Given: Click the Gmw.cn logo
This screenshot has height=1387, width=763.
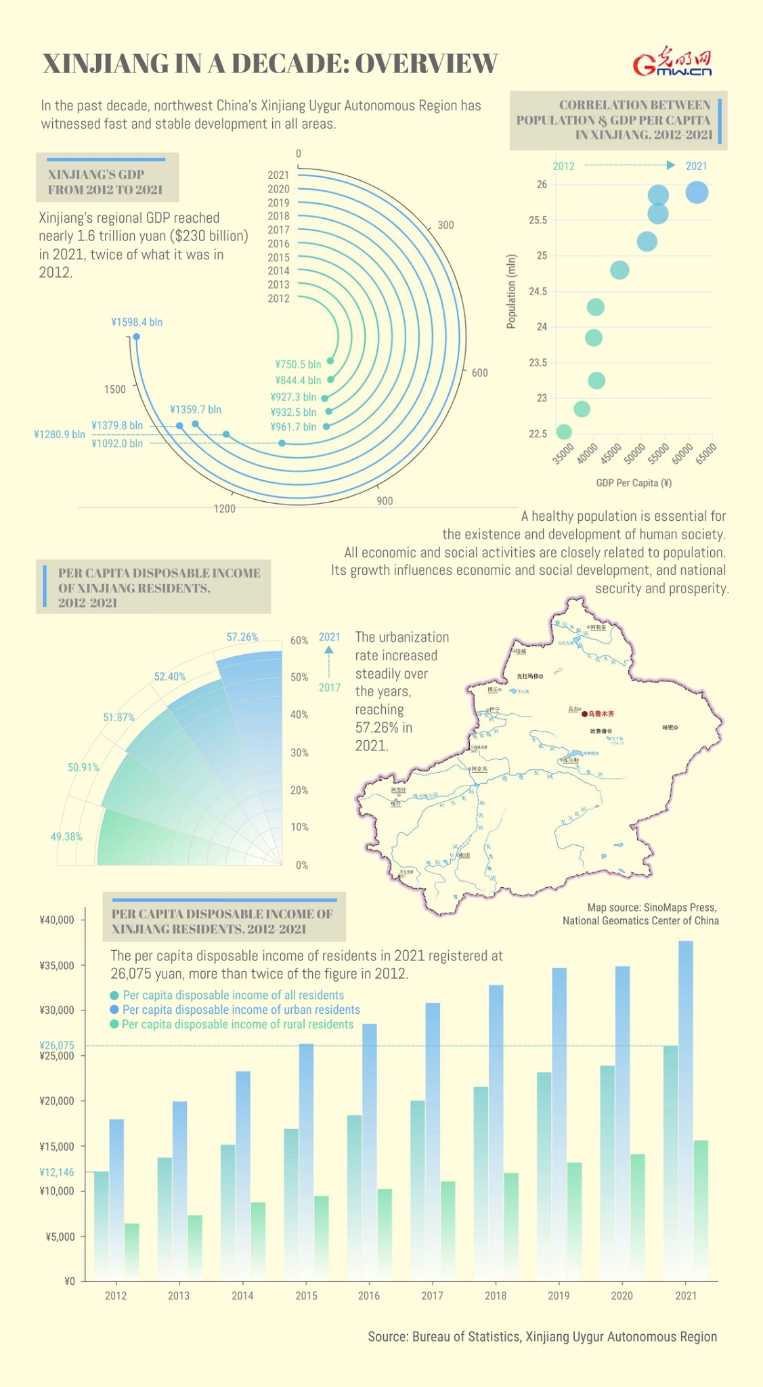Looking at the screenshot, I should (672, 63).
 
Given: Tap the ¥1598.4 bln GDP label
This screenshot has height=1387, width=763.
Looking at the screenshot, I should (137, 322).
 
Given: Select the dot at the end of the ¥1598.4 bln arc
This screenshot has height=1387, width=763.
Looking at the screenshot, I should (137, 337).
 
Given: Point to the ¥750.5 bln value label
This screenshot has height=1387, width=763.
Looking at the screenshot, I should (298, 364).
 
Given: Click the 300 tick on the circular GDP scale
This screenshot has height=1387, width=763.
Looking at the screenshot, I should (445, 225).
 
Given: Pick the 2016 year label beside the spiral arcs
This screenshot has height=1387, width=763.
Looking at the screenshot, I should (278, 244).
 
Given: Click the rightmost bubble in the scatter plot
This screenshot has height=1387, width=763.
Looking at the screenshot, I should (697, 192).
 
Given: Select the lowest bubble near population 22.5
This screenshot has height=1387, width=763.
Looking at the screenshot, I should (563, 431).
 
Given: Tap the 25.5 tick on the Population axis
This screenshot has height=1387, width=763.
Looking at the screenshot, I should (538, 220).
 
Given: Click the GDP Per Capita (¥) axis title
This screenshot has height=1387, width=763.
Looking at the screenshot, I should (634, 483).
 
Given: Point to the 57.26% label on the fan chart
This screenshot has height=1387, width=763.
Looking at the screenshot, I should (242, 637).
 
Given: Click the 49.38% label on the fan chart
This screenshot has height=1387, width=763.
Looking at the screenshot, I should (66, 837).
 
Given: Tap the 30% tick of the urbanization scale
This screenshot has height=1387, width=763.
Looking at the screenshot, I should (299, 753).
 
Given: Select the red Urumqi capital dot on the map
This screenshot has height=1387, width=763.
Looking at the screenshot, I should (584, 714).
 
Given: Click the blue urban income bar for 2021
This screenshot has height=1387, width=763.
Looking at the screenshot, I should (686, 1111).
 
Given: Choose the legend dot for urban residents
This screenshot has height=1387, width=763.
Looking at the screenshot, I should (114, 1010).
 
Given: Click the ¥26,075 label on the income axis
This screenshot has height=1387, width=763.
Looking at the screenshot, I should (57, 1046).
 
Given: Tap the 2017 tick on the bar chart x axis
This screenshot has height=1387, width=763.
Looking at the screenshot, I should (432, 1296).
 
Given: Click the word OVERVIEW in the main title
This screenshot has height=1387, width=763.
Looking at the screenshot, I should (427, 64).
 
